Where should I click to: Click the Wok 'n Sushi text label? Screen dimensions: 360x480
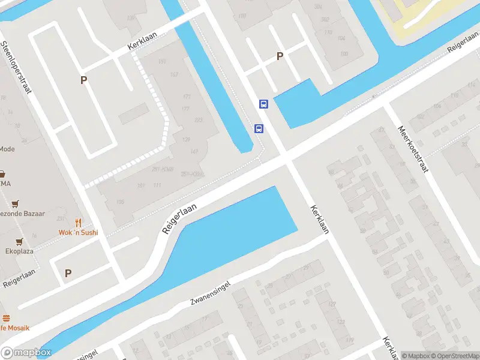coord(78,232)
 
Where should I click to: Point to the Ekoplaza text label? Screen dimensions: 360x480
coord(19,251)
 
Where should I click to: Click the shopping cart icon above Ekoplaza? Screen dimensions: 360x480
coord(19,241)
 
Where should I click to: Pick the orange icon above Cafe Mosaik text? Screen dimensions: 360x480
coord(6,318)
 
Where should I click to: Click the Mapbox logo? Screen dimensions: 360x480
coord(26,353)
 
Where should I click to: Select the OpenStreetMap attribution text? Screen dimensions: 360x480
coord(455,356)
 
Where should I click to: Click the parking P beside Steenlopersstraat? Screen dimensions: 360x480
coord(84,80)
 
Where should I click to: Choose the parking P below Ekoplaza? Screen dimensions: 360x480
coord(68,273)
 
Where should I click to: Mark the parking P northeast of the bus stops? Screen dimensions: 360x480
coord(280,56)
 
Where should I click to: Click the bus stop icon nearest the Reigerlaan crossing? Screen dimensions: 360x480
coord(259,128)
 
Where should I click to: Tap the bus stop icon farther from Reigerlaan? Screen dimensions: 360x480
coord(263,104)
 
